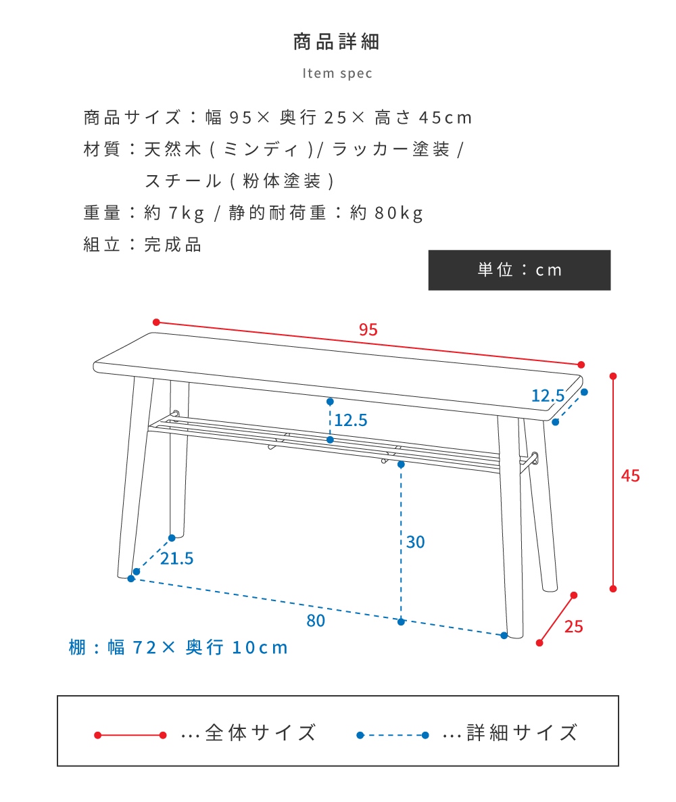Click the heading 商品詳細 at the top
pos(337,42)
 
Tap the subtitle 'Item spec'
pos(337,74)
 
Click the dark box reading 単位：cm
pos(519,270)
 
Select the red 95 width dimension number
pos(368,329)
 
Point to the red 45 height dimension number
pos(630,476)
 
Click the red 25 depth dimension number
pos(573,627)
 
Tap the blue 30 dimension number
pos(415,542)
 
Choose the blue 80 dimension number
pos(316,621)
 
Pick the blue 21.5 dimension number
pos(177,559)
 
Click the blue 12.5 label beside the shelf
pos(351,421)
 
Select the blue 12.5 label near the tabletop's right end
pos(548,396)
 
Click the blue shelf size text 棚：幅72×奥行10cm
pos(178,648)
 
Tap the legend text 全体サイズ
pos(261,733)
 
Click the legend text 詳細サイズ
pos(522,733)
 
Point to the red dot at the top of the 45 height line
pos(613,377)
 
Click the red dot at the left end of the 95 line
pos(156,323)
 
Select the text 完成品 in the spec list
pos(173,245)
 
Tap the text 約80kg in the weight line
pos(387,213)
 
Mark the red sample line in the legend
pos(130,736)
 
